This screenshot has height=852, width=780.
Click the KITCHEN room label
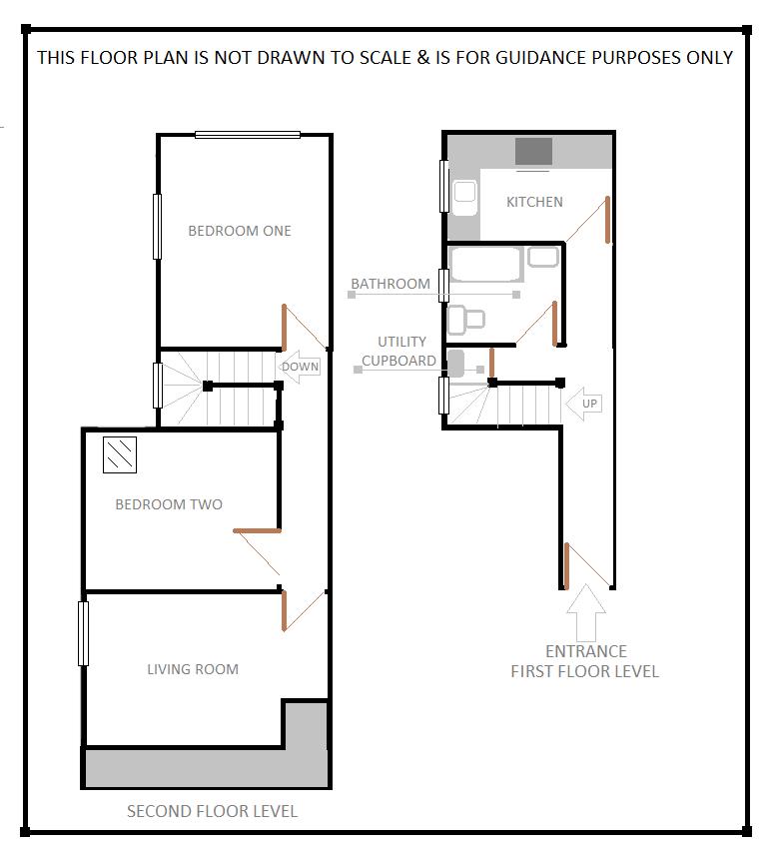tap(534, 202)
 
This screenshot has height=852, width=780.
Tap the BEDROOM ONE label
tap(240, 231)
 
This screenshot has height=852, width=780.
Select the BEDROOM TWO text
tap(169, 504)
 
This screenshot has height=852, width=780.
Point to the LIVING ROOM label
tap(193, 669)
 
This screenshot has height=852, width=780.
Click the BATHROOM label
tap(390, 284)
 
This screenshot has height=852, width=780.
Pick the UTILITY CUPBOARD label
tap(399, 351)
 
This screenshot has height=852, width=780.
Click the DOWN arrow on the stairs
tap(299, 367)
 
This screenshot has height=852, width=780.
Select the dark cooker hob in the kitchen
tap(533, 152)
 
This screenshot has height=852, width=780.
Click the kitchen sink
tap(465, 198)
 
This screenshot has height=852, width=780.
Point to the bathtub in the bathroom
tap(485, 265)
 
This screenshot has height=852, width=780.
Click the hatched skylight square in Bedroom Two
tap(120, 455)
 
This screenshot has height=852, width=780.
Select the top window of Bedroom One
tap(248, 135)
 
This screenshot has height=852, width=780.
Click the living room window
tap(84, 633)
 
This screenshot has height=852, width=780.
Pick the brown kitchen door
tap(606, 219)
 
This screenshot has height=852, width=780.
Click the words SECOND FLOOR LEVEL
tap(212, 811)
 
